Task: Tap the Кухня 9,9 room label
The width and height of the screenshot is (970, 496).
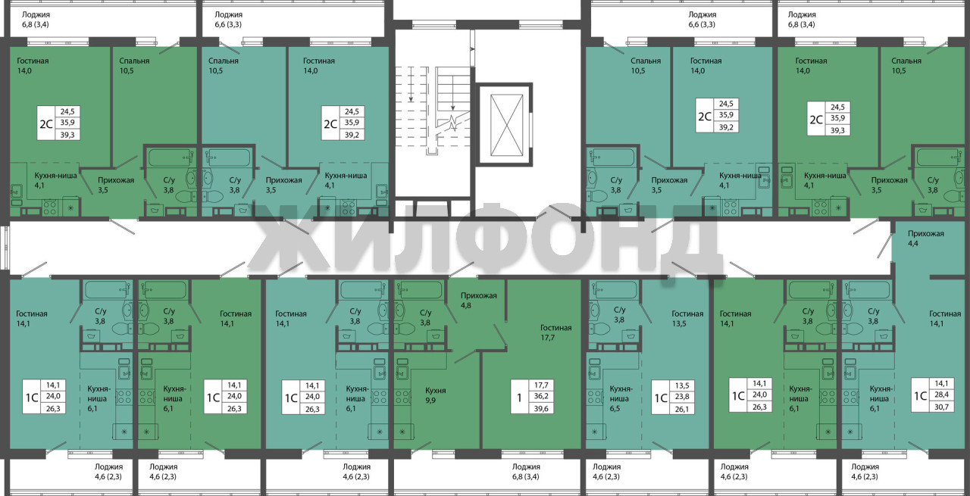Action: tap(436, 395)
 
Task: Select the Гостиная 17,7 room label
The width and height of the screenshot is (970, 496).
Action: tap(555, 332)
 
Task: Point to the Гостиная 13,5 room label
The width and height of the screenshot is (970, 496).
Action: tap(687, 318)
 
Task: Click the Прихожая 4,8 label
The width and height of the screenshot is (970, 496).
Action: tap(478, 301)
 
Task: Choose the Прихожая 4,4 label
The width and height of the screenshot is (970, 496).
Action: tap(926, 238)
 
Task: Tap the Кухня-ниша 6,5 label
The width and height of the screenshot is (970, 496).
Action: tap(621, 398)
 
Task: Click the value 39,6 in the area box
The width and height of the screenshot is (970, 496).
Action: tap(541, 408)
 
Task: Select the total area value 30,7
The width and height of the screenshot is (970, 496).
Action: tap(941, 407)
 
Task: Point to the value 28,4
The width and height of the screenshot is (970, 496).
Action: tap(941, 395)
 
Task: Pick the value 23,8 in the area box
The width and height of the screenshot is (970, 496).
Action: tap(681, 397)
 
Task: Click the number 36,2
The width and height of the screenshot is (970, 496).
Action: tap(541, 396)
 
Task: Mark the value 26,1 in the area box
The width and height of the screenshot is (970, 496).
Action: tap(681, 409)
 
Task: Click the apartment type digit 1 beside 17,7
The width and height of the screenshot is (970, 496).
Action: tap(519, 397)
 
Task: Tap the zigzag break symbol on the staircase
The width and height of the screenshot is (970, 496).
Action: tap(453, 123)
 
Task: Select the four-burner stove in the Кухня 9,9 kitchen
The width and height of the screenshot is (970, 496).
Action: tap(401, 397)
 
